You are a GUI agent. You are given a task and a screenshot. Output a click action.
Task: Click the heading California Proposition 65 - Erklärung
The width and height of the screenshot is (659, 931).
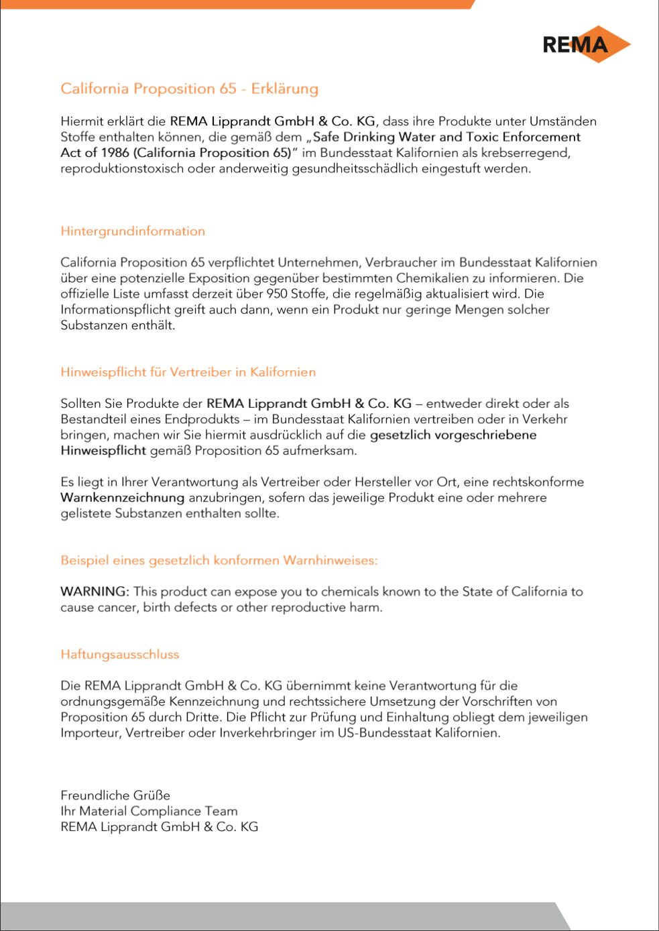(189, 89)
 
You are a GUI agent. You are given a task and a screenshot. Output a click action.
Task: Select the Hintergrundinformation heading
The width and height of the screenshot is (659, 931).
(133, 231)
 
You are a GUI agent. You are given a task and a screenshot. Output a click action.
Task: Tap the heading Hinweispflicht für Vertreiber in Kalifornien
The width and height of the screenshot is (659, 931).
(188, 372)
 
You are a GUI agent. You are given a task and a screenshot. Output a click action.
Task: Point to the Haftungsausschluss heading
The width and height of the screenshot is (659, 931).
(120, 655)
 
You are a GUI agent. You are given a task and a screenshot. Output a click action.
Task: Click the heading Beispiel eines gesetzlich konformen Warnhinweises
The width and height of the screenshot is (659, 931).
(219, 561)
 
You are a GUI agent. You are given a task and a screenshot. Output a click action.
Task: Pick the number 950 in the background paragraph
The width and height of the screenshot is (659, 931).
(277, 294)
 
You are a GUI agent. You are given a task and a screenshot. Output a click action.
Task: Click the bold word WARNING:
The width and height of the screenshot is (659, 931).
(95, 592)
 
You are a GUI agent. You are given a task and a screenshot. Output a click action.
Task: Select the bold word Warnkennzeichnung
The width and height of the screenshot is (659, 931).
(122, 498)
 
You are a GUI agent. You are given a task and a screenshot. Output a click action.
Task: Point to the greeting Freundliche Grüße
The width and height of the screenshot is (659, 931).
(115, 796)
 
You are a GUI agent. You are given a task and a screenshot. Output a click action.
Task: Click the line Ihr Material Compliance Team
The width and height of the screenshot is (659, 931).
(149, 811)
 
